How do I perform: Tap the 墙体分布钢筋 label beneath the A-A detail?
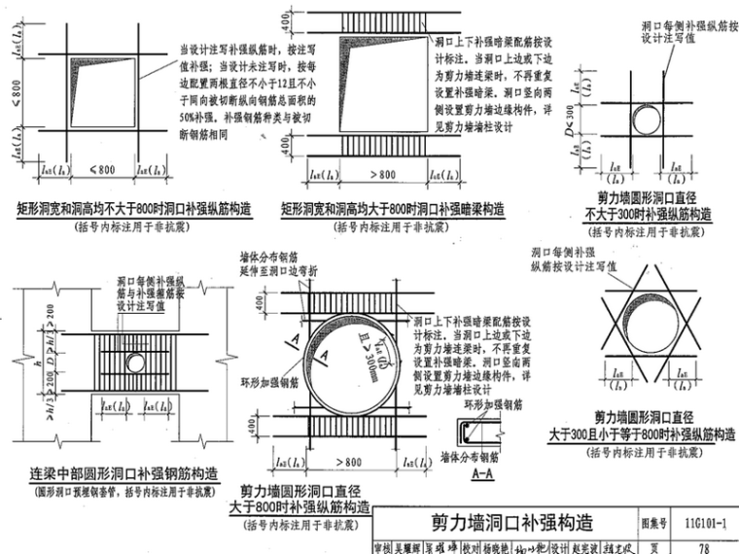(x=474, y=458)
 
